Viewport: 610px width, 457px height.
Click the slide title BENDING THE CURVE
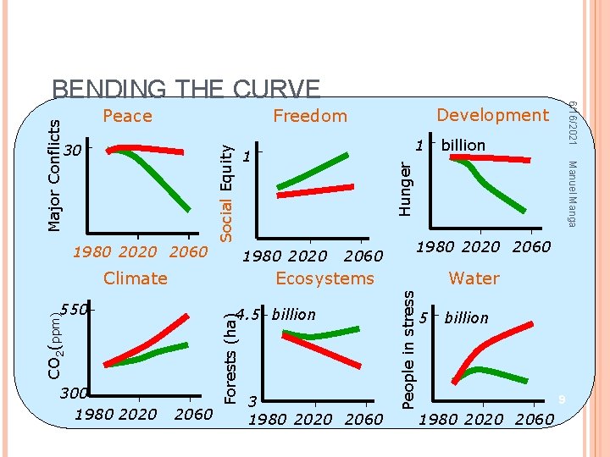186,90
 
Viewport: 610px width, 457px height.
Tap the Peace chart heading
127,116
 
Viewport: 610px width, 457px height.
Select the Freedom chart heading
309,116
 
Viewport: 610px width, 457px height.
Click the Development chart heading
492,114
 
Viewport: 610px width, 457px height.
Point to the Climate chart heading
135,278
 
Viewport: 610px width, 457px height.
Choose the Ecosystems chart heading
324,278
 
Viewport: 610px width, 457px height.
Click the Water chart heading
474,278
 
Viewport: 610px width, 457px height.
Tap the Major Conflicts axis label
55,173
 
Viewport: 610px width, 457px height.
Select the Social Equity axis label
226,190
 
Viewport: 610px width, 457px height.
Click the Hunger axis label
407,189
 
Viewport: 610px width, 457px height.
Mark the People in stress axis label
408,350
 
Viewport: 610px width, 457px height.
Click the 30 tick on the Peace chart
75,151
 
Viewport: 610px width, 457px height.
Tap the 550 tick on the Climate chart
75,310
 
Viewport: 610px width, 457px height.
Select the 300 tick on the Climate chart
73,394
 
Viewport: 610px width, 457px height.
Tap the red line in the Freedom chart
313,191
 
